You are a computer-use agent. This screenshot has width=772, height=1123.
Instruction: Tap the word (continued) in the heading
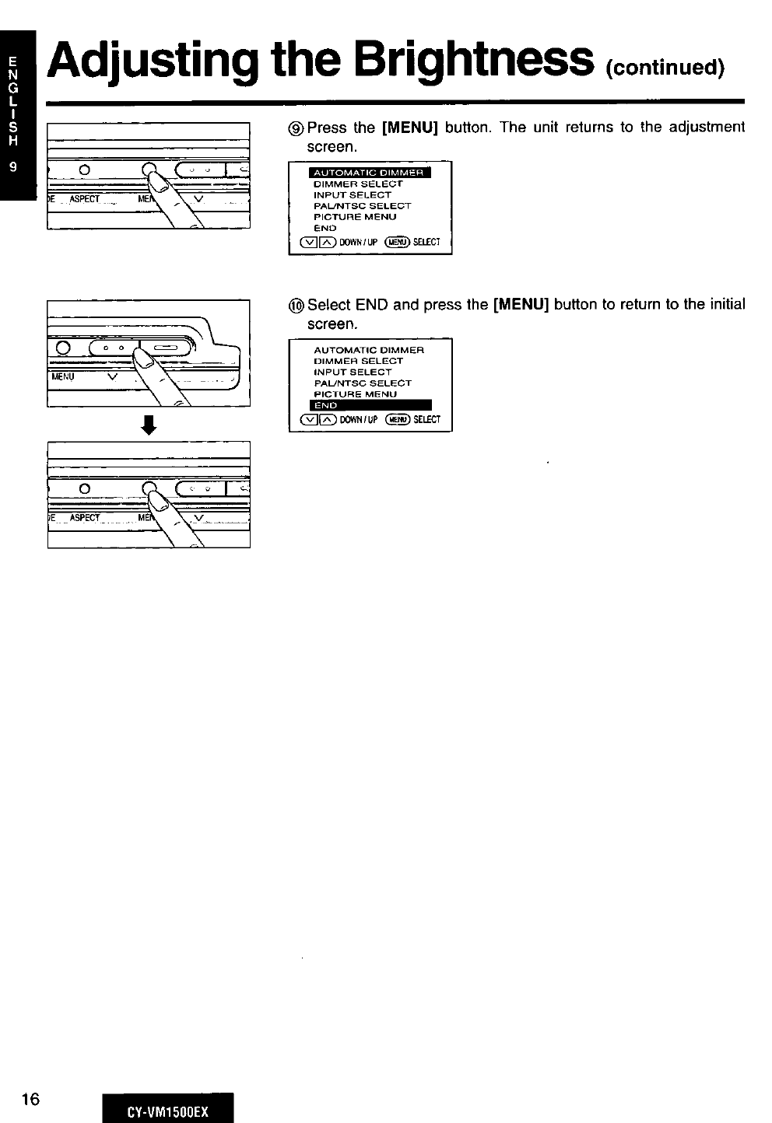tap(666, 68)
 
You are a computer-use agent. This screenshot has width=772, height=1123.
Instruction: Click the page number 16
tap(31, 1098)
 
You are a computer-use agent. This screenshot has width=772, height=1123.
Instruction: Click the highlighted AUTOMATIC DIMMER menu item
tap(368, 173)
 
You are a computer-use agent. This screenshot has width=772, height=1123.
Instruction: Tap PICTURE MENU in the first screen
tap(355, 217)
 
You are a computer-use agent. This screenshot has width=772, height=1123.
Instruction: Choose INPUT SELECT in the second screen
tap(353, 372)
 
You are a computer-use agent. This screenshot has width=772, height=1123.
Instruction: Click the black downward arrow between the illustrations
tap(149, 425)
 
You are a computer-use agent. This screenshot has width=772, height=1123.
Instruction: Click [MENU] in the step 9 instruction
tap(410, 127)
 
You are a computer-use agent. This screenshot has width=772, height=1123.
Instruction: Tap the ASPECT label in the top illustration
tap(85, 199)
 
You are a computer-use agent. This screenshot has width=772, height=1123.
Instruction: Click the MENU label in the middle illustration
tap(64, 376)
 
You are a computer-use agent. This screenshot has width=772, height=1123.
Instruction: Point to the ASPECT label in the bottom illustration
tap(85, 518)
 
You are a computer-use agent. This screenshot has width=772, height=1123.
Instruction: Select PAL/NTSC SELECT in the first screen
tap(362, 206)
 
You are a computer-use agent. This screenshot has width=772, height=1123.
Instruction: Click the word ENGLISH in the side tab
tap(11, 100)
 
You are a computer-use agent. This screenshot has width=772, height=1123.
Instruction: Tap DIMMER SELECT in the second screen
tap(358, 361)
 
